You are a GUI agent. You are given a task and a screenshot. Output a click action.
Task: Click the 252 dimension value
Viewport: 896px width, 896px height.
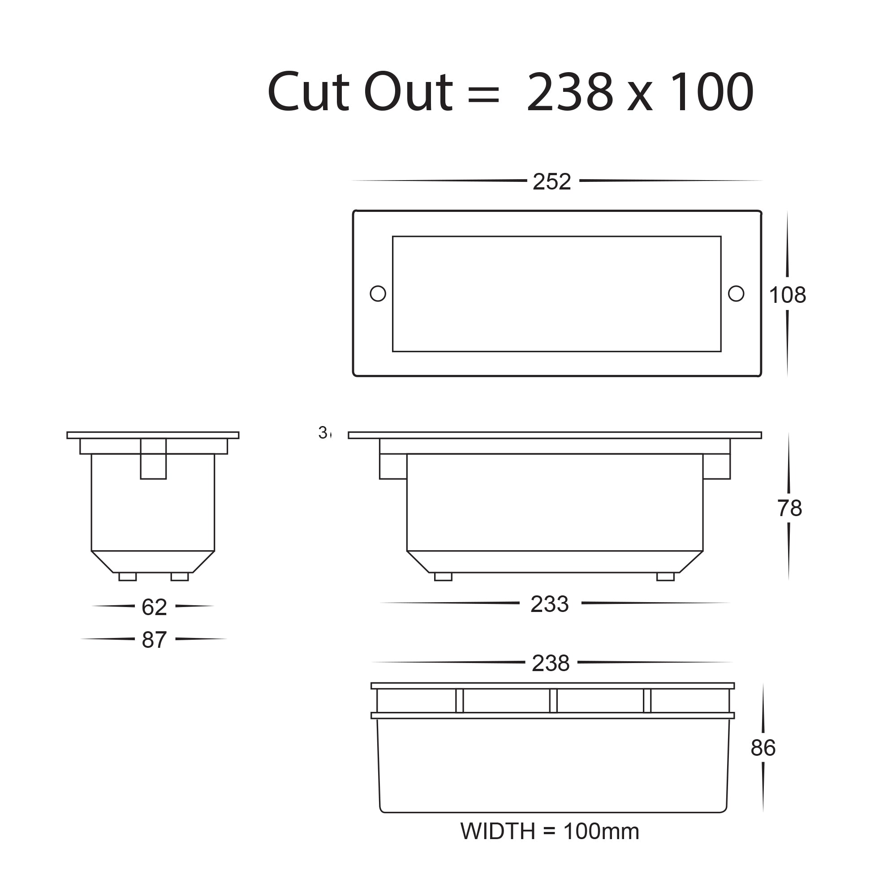(x=551, y=182)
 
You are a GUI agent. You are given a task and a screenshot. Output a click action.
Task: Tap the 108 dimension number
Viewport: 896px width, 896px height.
(x=788, y=295)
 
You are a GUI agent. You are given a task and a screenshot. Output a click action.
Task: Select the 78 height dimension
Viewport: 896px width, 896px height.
(x=789, y=508)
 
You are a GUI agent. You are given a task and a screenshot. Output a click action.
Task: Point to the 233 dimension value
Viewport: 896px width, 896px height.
(x=550, y=604)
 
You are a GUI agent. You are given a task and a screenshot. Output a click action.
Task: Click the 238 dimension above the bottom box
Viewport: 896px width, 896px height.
(x=551, y=663)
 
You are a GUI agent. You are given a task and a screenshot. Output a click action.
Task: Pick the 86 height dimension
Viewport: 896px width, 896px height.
(x=763, y=748)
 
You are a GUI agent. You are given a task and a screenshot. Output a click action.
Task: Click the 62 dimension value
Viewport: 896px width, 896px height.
(x=154, y=607)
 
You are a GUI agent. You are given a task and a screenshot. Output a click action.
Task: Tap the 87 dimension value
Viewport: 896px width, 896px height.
(x=154, y=640)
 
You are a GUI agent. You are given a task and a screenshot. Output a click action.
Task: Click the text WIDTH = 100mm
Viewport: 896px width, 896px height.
(x=550, y=831)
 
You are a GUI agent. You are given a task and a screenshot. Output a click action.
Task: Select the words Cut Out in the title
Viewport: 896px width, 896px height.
(x=359, y=92)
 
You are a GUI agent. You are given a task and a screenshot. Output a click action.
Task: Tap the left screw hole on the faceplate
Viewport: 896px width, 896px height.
(x=378, y=293)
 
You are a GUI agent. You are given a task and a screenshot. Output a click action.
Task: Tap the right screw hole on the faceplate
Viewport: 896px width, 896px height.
(x=736, y=293)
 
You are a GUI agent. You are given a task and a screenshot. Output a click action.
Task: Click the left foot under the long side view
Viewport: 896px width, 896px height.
(x=443, y=577)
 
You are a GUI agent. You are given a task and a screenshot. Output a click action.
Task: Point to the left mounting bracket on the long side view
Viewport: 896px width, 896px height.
(x=393, y=466)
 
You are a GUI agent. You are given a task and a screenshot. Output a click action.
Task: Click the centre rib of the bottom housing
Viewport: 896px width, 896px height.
(x=553, y=701)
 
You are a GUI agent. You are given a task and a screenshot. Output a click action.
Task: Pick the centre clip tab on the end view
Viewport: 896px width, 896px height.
(x=153, y=459)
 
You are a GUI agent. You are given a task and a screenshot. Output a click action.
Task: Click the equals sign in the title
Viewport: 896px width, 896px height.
(x=483, y=93)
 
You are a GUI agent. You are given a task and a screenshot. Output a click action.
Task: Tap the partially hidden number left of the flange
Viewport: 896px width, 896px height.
(x=325, y=432)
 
